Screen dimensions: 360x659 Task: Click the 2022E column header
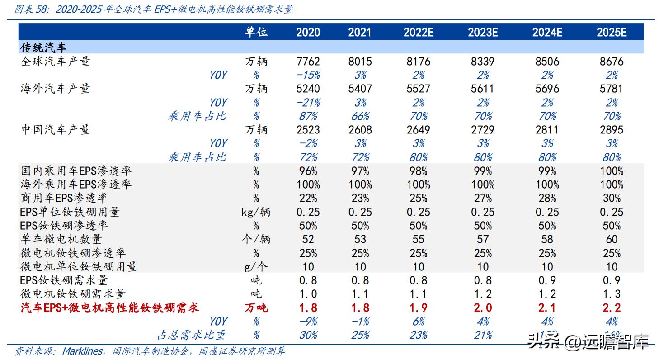(x=418, y=32)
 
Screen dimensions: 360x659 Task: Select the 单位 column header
(x=256, y=32)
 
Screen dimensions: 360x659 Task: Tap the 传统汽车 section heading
(x=44, y=47)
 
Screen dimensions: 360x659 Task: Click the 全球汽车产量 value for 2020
(x=308, y=62)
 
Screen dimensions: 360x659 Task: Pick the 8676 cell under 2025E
(x=611, y=62)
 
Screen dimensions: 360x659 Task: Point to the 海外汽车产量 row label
(x=56, y=89)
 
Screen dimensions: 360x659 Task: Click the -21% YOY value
(x=308, y=103)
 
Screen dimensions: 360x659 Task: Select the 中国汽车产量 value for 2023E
(x=482, y=130)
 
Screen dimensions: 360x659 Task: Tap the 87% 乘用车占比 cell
(x=308, y=116)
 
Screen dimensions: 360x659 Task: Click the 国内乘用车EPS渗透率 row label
(x=76, y=171)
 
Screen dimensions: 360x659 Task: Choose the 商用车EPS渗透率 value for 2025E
(x=611, y=198)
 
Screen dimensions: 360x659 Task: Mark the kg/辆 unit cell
(x=256, y=212)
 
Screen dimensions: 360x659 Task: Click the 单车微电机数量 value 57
(x=482, y=239)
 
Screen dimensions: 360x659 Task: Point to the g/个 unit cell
(x=256, y=267)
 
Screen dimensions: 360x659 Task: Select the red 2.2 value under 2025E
(x=611, y=308)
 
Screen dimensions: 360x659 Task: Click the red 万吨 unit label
(x=256, y=308)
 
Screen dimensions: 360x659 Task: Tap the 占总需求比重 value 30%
(x=308, y=335)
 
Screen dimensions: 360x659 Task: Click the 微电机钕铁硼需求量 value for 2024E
(x=547, y=294)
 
